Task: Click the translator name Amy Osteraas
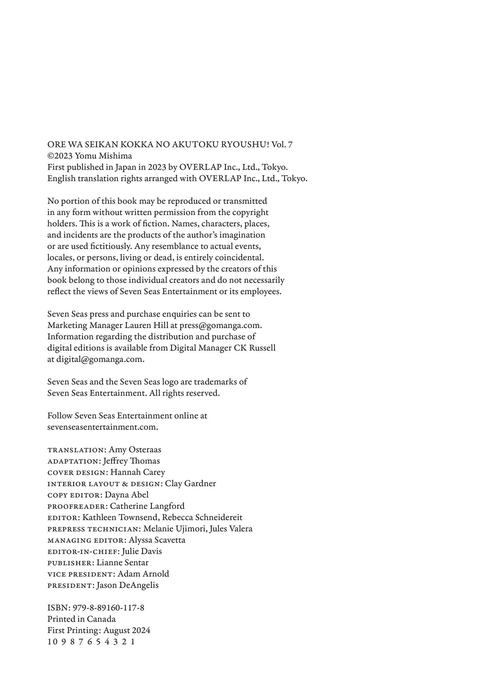[135, 450]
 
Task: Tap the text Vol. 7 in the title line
[282, 145]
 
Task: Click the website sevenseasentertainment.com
[102, 427]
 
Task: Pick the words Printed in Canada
[81, 619]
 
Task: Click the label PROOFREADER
[77, 506]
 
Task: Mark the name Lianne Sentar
[122, 563]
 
